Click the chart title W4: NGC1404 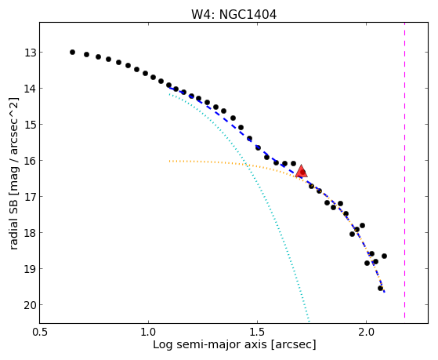pyautogui.click(x=233, y=15)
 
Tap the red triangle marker pyautogui.click(x=301, y=171)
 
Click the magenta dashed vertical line pyautogui.click(x=404, y=170)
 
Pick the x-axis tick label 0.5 pyautogui.click(x=40, y=332)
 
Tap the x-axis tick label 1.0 pyautogui.click(x=148, y=332)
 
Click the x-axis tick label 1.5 pyautogui.click(x=257, y=332)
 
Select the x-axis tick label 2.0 pyautogui.click(x=366, y=332)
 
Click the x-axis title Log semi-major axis pyautogui.click(x=210, y=345)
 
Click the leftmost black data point pyautogui.click(x=72, y=52)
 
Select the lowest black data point pyautogui.click(x=380, y=288)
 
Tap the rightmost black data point pyautogui.click(x=384, y=256)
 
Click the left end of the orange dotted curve pyautogui.click(x=169, y=161)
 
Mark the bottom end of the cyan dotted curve pyautogui.click(x=309, y=321)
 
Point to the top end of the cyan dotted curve pyautogui.click(x=169, y=95)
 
